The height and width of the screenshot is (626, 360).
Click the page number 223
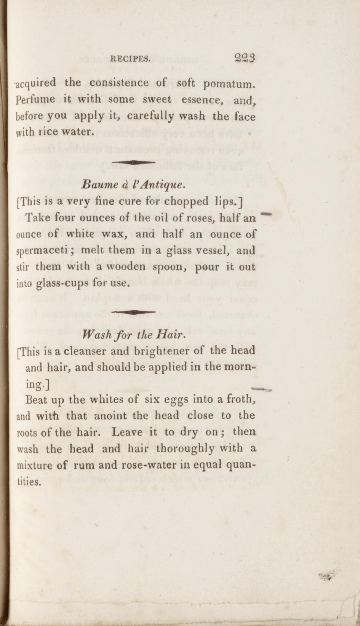point(245,58)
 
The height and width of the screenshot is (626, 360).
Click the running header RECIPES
point(130,59)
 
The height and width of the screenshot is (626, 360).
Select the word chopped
point(186,202)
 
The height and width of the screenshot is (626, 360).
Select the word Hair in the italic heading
point(170,335)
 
